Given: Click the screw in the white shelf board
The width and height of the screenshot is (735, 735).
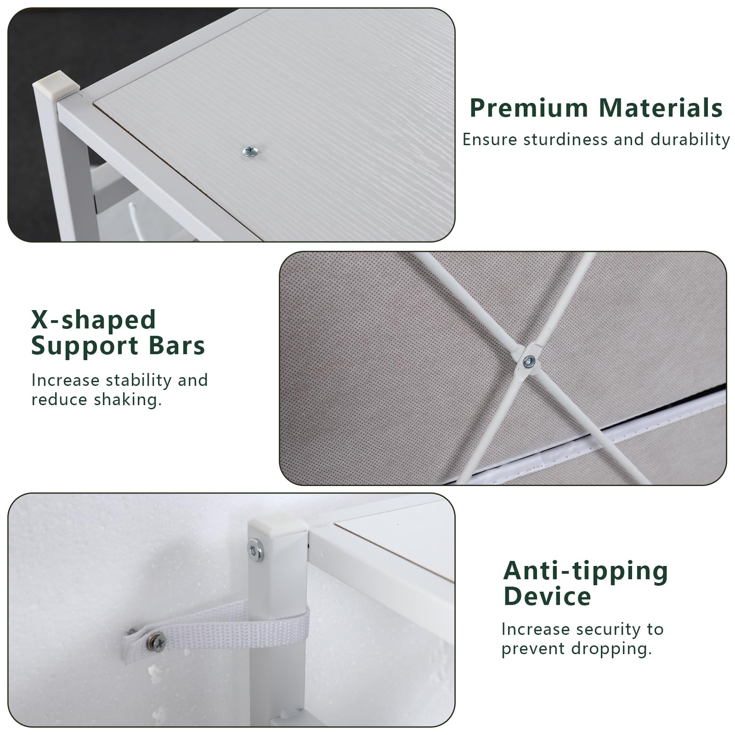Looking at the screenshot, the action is (x=250, y=151).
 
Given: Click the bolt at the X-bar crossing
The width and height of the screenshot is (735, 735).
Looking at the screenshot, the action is (x=529, y=362).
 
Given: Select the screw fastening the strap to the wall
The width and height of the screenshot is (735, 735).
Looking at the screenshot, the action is (x=157, y=641).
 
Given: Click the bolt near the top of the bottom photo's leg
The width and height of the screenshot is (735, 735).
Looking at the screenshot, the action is (x=255, y=549).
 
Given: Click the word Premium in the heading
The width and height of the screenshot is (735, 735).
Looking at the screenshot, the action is (x=529, y=108).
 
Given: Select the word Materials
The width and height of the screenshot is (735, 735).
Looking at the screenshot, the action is (x=661, y=108).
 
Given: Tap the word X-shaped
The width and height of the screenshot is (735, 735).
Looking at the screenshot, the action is (x=94, y=320).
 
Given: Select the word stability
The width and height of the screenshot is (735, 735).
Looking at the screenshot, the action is (x=138, y=381).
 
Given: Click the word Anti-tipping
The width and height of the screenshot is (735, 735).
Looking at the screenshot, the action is (x=586, y=571).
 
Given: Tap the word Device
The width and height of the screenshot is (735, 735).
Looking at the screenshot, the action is (x=547, y=597).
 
